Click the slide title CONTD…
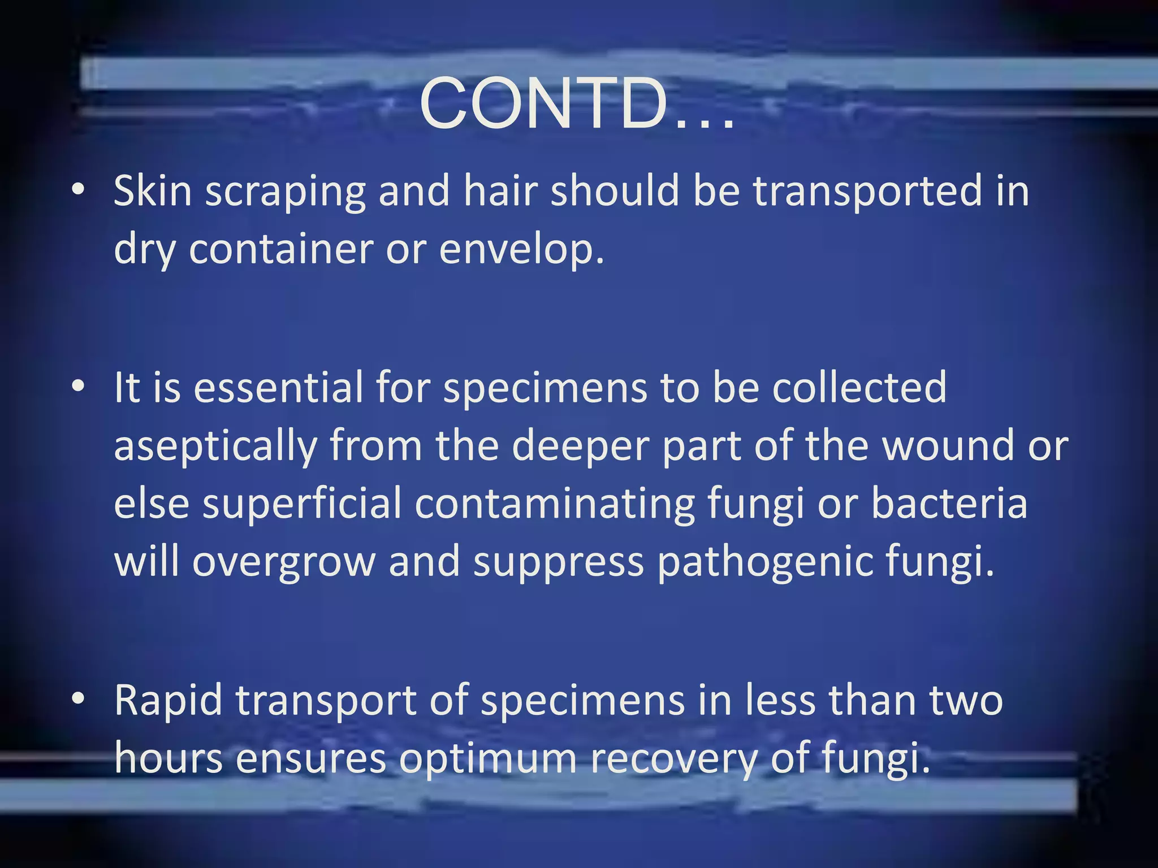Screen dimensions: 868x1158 [577, 105]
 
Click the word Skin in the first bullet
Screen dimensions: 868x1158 [153, 190]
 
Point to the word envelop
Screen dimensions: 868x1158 [521, 250]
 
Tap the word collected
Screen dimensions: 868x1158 [859, 388]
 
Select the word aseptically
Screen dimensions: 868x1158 [215, 446]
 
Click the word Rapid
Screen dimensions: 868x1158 [168, 701]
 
